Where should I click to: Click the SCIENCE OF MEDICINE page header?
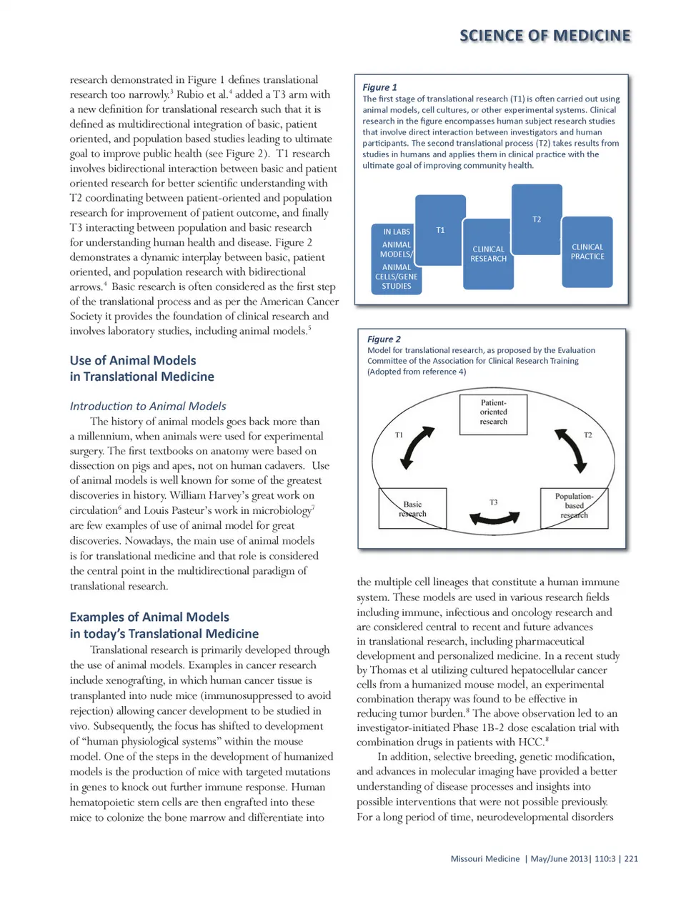545,36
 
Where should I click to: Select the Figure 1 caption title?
379,87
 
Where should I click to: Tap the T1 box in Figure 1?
440,230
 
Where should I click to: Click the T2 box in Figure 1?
537,219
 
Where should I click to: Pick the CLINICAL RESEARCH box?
488,254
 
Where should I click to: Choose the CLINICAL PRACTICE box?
587,252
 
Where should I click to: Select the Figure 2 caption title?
384,339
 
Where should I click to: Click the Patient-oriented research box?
493,412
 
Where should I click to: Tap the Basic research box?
412,508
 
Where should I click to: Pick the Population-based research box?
574,505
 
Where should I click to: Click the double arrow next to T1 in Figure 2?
417,447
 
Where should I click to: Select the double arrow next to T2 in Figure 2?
572,450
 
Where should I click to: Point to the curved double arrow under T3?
494,519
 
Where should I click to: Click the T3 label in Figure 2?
494,502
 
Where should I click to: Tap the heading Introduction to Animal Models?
148,406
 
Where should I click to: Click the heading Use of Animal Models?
141,368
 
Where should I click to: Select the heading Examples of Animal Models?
164,625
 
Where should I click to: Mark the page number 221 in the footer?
631,859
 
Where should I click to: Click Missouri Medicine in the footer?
485,859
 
